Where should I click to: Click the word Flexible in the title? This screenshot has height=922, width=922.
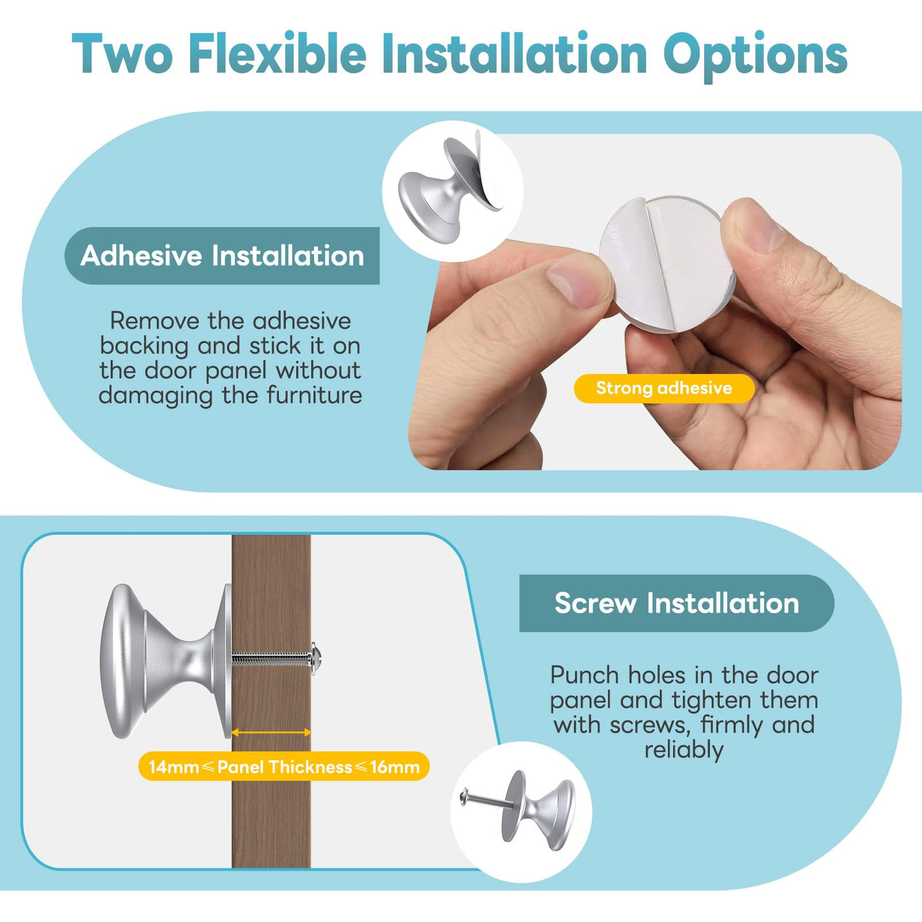coord(278,53)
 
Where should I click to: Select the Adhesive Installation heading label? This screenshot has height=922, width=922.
coord(222,256)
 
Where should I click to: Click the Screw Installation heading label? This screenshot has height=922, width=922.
coord(677,603)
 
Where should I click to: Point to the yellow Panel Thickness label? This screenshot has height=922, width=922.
coord(285,767)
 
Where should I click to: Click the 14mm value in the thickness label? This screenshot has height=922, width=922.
coord(173,767)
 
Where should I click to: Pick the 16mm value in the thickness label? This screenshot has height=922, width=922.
coord(394,767)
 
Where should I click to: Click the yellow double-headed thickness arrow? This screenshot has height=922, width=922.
coord(271,732)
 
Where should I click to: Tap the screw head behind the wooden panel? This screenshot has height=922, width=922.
coord(316,659)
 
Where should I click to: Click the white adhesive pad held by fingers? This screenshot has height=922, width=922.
coord(667,263)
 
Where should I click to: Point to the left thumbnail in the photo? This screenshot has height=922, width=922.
coord(578,282)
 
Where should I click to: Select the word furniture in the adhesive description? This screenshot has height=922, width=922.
coord(314,395)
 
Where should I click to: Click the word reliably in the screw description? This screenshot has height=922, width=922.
coord(684,749)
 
